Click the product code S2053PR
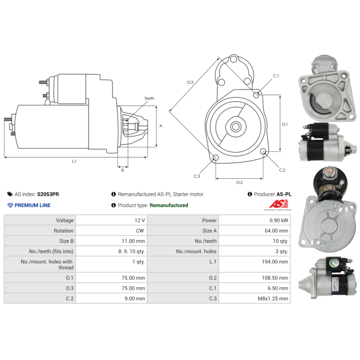tap(48, 194)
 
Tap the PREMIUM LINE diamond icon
tap(10, 205)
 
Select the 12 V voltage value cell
tap(139, 220)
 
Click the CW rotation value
tap(140, 231)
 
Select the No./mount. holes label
tap(196, 251)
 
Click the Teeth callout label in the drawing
tap(149, 98)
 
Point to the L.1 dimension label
tap(74, 161)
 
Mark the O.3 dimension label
tap(190, 82)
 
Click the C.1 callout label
tap(275, 76)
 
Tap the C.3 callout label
tap(197, 176)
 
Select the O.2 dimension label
tap(239, 182)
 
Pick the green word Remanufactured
tap(169, 205)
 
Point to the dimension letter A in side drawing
tap(161, 126)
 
